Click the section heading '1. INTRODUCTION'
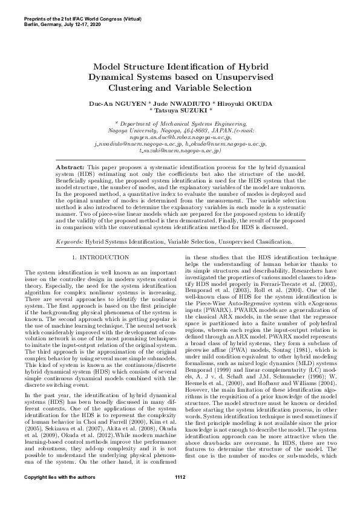(x=96, y=258)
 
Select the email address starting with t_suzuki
(x=180, y=151)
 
